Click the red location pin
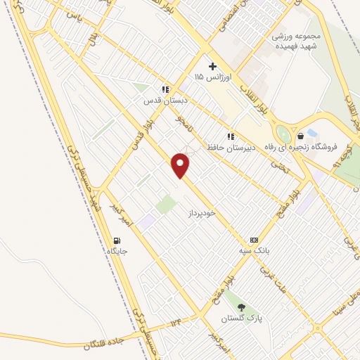[x=181, y=166]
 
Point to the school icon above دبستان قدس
[x=165, y=89]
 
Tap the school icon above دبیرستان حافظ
[x=229, y=136]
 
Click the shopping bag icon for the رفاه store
[x=301, y=136]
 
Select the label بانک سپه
[x=249, y=250]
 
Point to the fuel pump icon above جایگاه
[x=116, y=240]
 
